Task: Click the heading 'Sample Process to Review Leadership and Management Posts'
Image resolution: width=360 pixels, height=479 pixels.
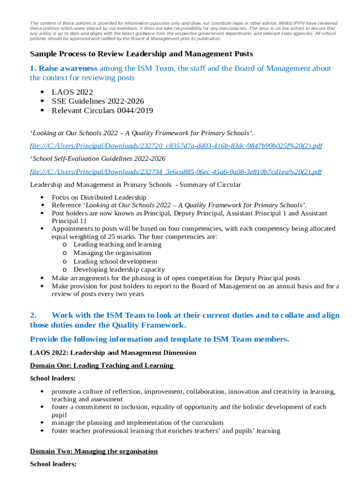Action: click(x=141, y=54)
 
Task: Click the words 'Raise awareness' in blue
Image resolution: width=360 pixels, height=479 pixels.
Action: click(x=68, y=69)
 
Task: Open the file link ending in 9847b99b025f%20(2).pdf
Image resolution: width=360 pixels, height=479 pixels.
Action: click(x=176, y=146)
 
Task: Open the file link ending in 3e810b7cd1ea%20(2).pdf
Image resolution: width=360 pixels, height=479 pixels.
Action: click(x=176, y=172)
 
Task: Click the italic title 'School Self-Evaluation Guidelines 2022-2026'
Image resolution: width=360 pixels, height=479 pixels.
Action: click(x=99, y=159)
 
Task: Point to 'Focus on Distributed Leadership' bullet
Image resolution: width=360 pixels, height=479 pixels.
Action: click(x=99, y=197)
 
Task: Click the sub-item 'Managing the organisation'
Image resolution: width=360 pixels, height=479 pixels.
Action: click(x=112, y=253)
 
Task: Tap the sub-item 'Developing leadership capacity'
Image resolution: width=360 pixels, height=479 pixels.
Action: click(x=119, y=270)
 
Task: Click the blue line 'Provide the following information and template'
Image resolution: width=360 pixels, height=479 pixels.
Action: click(x=159, y=339)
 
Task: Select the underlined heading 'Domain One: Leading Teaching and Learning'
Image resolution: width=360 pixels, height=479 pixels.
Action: click(x=102, y=365)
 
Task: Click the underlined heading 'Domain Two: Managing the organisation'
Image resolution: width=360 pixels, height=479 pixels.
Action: click(x=94, y=451)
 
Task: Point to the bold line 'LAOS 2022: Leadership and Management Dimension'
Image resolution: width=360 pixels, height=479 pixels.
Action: click(x=113, y=353)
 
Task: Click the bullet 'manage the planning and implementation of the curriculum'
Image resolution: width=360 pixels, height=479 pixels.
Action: click(x=137, y=422)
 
